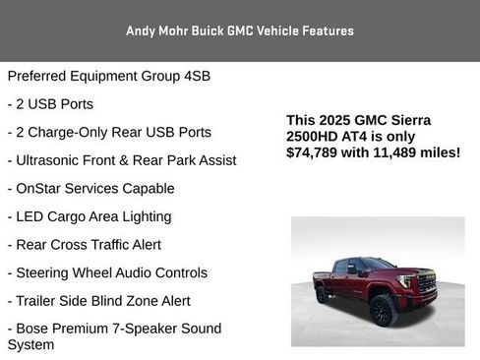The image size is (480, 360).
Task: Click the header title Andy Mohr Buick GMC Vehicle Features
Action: point(239,30)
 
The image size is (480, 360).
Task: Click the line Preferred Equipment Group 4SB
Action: point(108,76)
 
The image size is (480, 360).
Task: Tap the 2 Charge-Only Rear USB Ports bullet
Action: point(108,132)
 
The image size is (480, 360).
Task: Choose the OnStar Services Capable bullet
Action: point(90,188)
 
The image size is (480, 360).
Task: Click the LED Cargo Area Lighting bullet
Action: point(89,216)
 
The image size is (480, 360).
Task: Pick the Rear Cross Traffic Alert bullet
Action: point(84,244)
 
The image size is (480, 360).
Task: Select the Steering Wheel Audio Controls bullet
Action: point(107,272)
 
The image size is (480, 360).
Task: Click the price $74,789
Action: point(318,152)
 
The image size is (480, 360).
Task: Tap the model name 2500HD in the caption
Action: point(316,136)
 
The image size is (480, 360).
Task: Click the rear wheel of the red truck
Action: point(322,294)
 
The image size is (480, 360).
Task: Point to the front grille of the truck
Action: point(427,285)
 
